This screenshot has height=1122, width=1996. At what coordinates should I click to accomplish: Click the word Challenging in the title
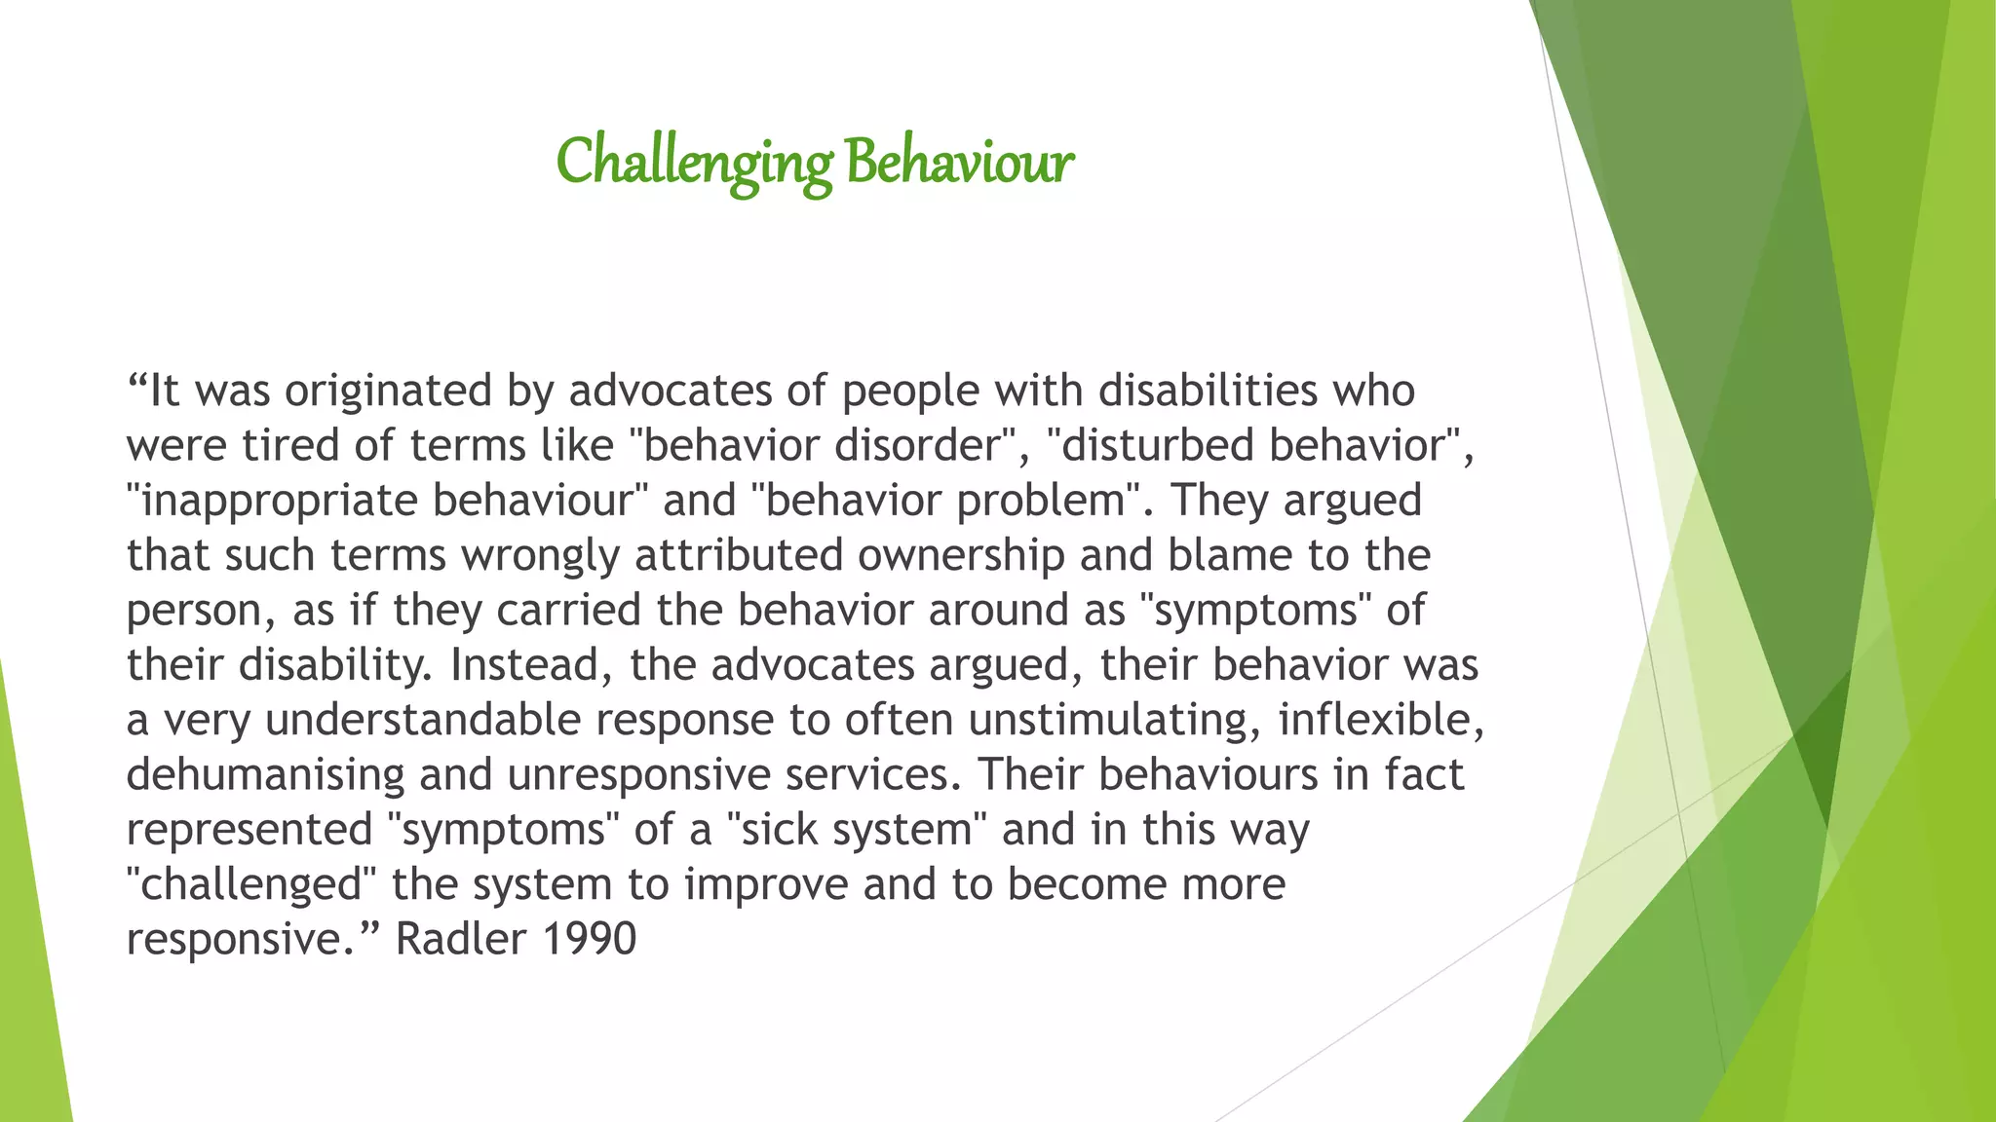pyautogui.click(x=694, y=163)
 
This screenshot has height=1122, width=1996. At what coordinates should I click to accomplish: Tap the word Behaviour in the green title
pyautogui.click(x=959, y=163)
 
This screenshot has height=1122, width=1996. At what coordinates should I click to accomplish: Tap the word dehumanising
pyautogui.click(x=264, y=775)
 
